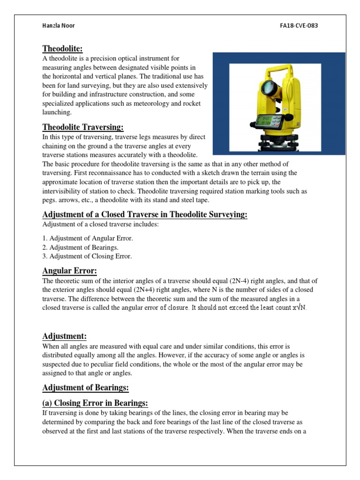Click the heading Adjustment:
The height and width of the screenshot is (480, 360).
pos(65,336)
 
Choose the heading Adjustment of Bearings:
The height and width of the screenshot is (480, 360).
pos(85,388)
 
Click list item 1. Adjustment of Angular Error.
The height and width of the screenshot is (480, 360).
pos(88,239)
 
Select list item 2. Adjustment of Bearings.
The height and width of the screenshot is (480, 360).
pos(80,247)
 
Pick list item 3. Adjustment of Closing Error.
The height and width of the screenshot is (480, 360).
pos(87,256)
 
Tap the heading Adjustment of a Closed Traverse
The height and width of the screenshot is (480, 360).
pos(145,215)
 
